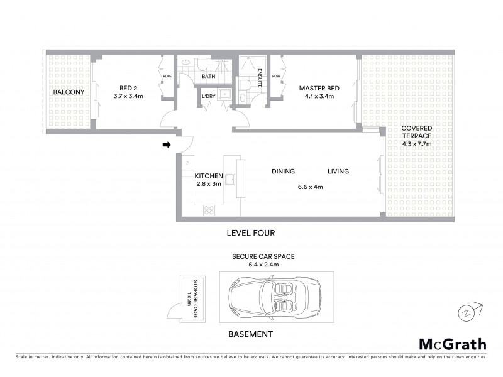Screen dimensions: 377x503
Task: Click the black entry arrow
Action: click(x=167, y=145)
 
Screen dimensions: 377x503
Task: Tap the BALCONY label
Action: click(x=69, y=92)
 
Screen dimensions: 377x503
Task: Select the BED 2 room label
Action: click(x=128, y=89)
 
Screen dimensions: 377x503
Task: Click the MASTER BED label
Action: click(x=319, y=89)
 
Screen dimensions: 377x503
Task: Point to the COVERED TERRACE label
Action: click(x=417, y=131)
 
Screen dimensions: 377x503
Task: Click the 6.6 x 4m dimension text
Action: click(x=310, y=187)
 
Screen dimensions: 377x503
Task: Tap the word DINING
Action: click(x=283, y=172)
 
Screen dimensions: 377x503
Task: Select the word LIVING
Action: click(x=338, y=172)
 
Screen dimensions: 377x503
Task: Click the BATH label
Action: click(x=209, y=77)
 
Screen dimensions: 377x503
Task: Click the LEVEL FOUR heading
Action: click(x=251, y=233)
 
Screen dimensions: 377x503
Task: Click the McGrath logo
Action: click(x=452, y=344)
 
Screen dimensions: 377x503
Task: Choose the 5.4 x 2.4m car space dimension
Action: click(x=263, y=265)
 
